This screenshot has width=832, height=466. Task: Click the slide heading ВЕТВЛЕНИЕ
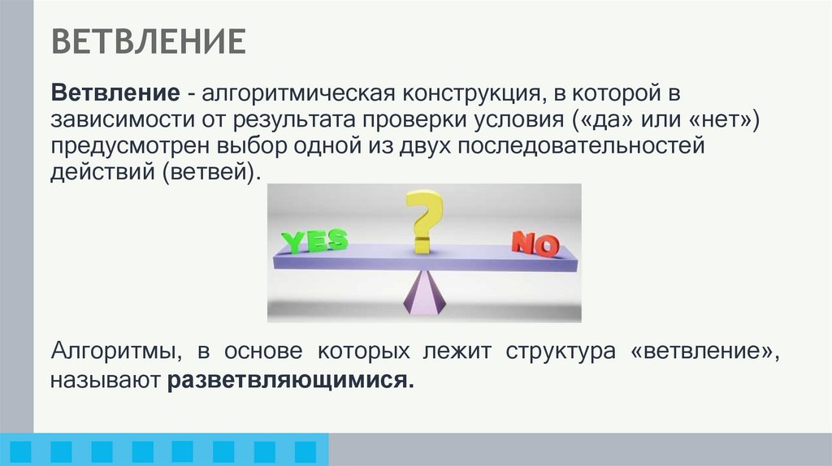pos(149,41)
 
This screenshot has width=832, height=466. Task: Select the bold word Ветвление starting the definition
pos(116,92)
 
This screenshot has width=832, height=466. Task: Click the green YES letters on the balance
pos(314,240)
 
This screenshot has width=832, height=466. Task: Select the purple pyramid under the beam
pos(424,294)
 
